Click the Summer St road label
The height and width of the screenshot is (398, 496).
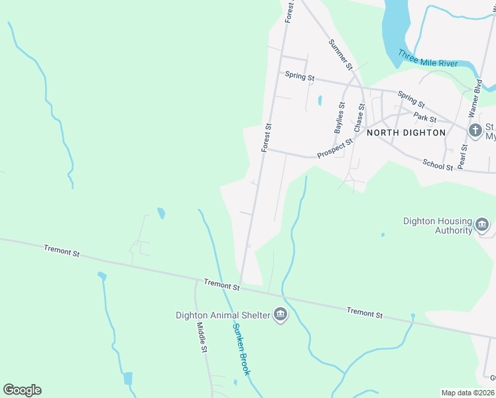340,54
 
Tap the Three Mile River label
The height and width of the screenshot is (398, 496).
428,60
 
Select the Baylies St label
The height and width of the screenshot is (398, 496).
340,118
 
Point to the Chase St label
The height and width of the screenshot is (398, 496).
359,117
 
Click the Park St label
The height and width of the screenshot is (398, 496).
425,118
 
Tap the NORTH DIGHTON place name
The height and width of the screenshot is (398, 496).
406,133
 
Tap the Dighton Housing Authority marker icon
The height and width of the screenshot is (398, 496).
483,226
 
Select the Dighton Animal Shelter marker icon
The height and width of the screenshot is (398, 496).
280,314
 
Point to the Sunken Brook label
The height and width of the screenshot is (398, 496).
241,350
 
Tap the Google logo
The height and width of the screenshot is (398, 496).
22,390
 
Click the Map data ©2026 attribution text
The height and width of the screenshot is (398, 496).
467,393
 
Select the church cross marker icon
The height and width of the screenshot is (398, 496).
475,131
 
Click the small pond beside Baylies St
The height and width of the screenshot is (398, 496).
320,101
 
